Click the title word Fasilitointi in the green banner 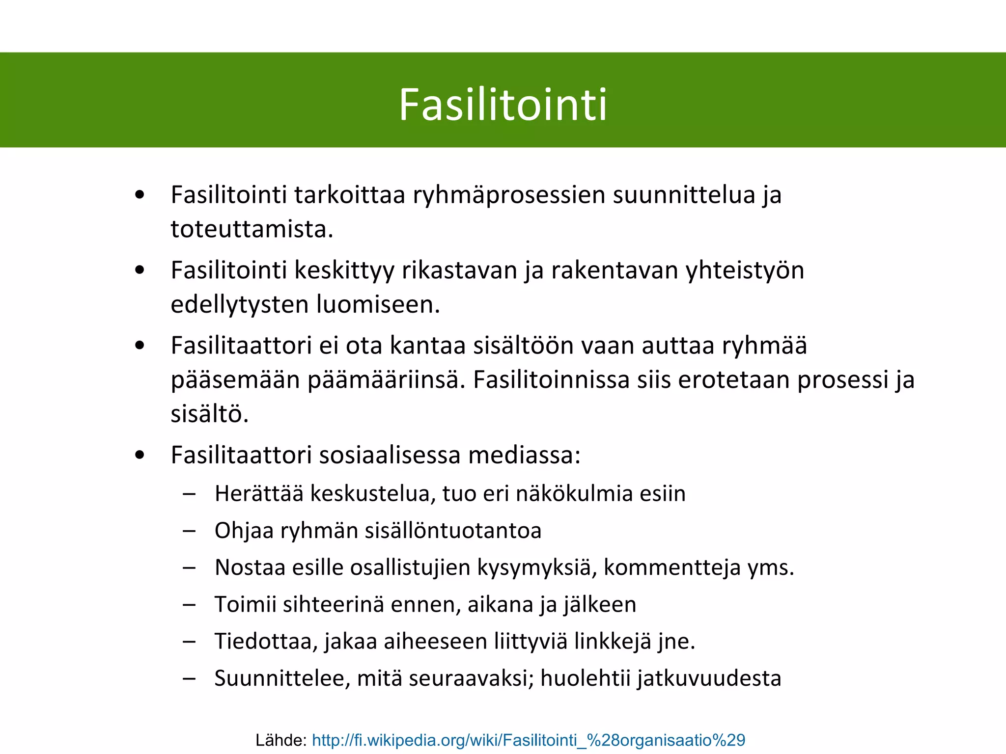point(503,105)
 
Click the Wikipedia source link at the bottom point(529,740)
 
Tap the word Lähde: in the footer point(281,740)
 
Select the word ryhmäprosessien point(509,195)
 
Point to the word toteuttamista point(252,229)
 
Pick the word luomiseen point(378,304)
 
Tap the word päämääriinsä point(386,380)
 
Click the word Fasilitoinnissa point(551,380)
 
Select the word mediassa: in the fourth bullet point(524,455)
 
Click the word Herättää point(259,494)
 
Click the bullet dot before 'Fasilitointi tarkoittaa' point(140,195)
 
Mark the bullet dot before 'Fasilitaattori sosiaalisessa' point(140,456)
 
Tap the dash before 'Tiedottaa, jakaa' point(189,642)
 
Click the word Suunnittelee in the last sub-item point(282,678)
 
